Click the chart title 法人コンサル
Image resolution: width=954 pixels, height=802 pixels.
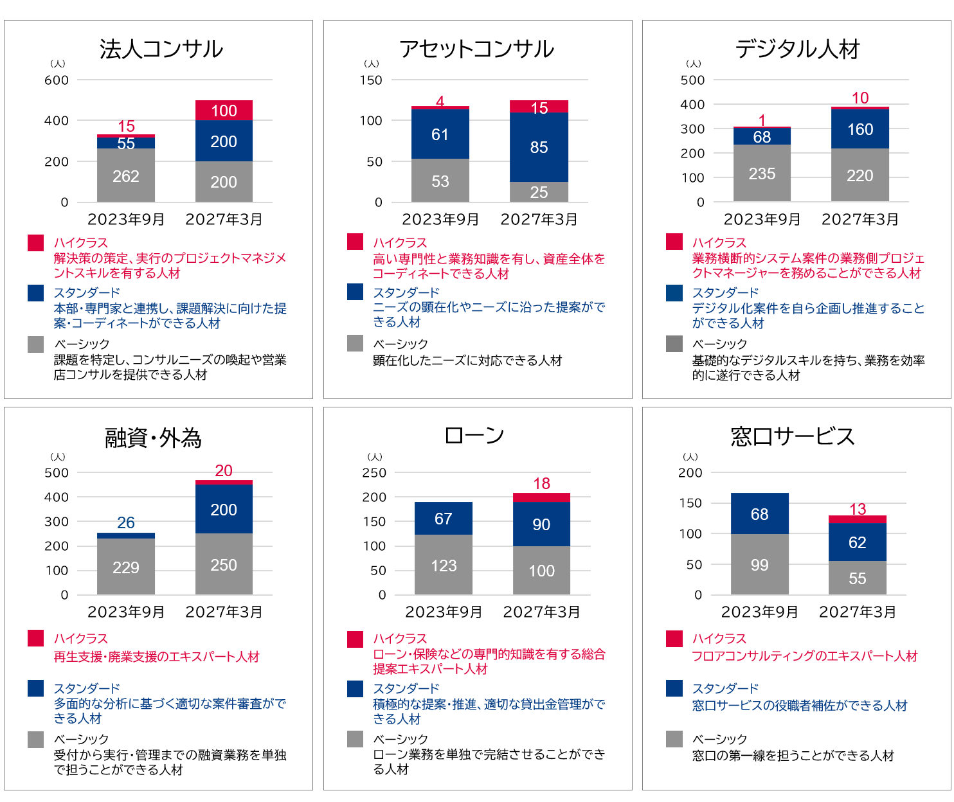pyautogui.click(x=161, y=49)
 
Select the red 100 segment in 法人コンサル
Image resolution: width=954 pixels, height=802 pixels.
pyautogui.click(x=224, y=111)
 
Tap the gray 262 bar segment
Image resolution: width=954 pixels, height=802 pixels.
pyautogui.click(x=126, y=175)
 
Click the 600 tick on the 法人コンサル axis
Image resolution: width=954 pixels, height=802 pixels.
pyautogui.click(x=57, y=80)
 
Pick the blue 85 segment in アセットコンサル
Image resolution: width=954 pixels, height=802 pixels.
pyautogui.click(x=539, y=147)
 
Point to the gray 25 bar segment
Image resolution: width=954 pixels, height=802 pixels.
pyautogui.click(x=539, y=192)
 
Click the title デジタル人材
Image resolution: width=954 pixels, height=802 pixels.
pyautogui.click(x=797, y=49)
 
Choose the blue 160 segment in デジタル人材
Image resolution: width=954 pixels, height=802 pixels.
pyautogui.click(x=860, y=129)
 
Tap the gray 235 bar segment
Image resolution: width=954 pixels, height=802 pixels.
pyautogui.click(x=762, y=174)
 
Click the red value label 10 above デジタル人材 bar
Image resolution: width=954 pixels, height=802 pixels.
pyautogui.click(x=860, y=98)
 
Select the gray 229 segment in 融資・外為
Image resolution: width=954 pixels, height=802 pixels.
pyautogui.click(x=126, y=567)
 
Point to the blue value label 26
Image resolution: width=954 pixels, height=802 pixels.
pyautogui.click(x=126, y=523)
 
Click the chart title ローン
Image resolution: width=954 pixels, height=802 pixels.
pyautogui.click(x=474, y=436)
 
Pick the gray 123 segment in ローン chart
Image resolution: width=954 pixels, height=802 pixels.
pyautogui.click(x=444, y=565)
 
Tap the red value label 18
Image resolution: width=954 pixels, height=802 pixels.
pyautogui.click(x=541, y=484)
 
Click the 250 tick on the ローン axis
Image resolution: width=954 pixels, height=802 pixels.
pyautogui.click(x=374, y=473)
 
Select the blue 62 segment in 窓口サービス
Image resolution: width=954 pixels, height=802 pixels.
pyautogui.click(x=858, y=542)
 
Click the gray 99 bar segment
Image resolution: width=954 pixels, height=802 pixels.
pyautogui.click(x=759, y=564)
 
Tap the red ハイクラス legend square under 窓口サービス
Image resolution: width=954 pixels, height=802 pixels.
pyautogui.click(x=674, y=639)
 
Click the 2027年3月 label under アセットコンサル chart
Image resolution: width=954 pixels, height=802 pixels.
pyautogui.click(x=539, y=220)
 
